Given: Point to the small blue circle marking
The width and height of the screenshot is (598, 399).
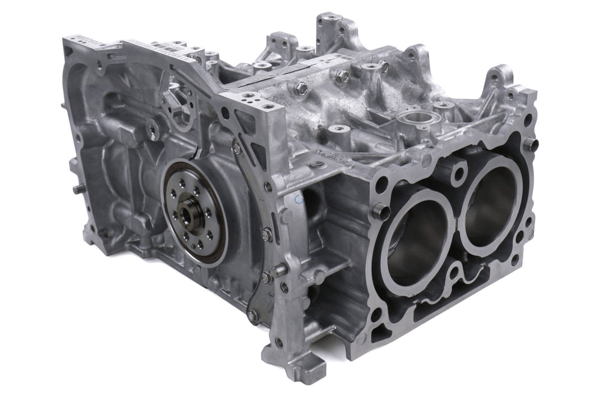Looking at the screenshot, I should [x=298, y=199].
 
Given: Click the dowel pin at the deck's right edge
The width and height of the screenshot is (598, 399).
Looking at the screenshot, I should [x=530, y=144].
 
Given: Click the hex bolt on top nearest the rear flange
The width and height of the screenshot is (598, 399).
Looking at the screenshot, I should [x=301, y=87].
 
